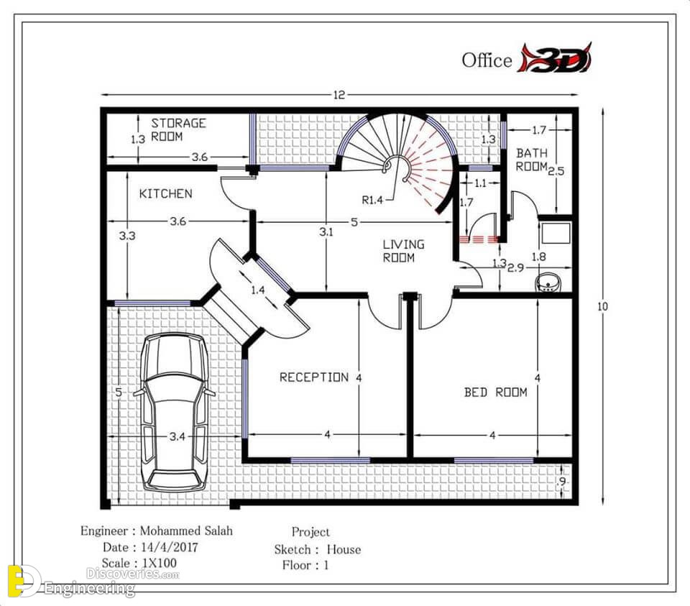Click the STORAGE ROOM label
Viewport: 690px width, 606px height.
tap(178, 130)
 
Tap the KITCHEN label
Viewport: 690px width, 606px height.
tap(166, 193)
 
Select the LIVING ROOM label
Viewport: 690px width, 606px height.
tap(403, 251)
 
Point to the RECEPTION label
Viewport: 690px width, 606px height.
tap(314, 377)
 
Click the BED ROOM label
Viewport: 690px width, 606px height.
tap(495, 392)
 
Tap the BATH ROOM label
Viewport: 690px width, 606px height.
tap(532, 160)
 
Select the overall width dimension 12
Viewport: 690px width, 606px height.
tap(339, 95)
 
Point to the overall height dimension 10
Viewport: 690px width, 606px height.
tap(602, 306)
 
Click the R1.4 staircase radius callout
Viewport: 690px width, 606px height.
tap(372, 201)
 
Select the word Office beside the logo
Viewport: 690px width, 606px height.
tap(487, 60)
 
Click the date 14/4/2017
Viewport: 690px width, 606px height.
tap(170, 547)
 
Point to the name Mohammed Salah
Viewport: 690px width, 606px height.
tap(186, 531)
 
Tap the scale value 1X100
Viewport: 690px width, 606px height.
tap(160, 563)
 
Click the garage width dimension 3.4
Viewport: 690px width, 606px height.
tap(178, 436)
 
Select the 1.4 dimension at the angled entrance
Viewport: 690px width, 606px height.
tap(258, 290)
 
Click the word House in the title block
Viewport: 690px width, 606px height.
tap(344, 549)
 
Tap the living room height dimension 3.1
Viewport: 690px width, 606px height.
tap(326, 232)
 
